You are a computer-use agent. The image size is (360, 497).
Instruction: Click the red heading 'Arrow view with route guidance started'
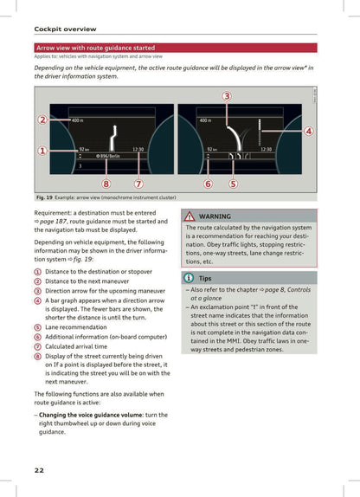tap(95, 48)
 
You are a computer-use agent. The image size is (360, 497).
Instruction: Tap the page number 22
tap(40, 470)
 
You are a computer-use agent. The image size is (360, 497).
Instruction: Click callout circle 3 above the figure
tap(227, 95)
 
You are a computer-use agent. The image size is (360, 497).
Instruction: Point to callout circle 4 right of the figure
tap(309, 131)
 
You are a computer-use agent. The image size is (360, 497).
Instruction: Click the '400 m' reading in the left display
tap(77, 120)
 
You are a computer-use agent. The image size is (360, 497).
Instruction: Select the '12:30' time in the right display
tap(266, 150)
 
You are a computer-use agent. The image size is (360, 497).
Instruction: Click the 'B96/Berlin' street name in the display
tap(107, 157)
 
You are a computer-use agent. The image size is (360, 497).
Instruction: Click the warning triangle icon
tap(190, 216)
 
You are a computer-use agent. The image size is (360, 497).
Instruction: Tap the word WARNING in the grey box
tap(215, 216)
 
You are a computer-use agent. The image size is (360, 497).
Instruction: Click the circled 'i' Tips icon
tap(190, 278)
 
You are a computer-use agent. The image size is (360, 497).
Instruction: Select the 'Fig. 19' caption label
tap(45, 197)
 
